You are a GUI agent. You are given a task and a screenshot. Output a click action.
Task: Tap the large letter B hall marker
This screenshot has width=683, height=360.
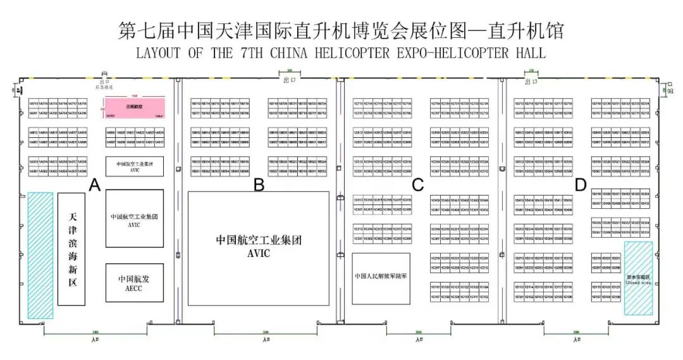(x=259, y=185)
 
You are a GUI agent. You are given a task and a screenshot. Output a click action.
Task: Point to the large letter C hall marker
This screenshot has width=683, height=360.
(x=417, y=185)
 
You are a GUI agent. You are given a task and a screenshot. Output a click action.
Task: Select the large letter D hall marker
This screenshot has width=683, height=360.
(x=581, y=185)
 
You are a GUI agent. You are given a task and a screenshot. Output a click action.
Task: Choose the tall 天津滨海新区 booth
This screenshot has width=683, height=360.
(x=71, y=249)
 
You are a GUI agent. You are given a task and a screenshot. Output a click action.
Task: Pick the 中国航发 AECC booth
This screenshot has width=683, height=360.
(x=135, y=282)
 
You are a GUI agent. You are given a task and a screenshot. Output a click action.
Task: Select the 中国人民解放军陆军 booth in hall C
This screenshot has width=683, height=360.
(x=381, y=278)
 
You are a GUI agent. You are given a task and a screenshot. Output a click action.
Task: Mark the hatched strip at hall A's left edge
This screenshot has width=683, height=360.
(x=40, y=255)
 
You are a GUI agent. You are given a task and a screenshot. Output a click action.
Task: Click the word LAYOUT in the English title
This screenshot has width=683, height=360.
(x=157, y=53)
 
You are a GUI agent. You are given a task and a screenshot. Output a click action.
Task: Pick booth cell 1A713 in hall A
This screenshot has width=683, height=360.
(x=33, y=102)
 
